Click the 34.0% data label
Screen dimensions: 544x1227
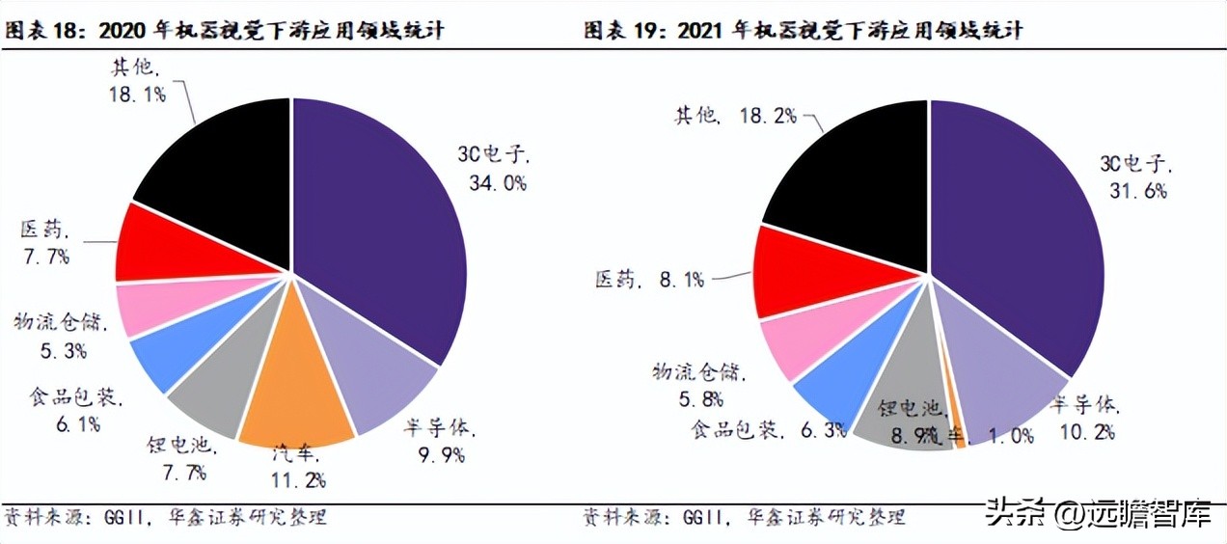point(496,183)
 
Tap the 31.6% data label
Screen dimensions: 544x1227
point(1135,191)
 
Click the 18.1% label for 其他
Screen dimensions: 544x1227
point(138,95)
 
